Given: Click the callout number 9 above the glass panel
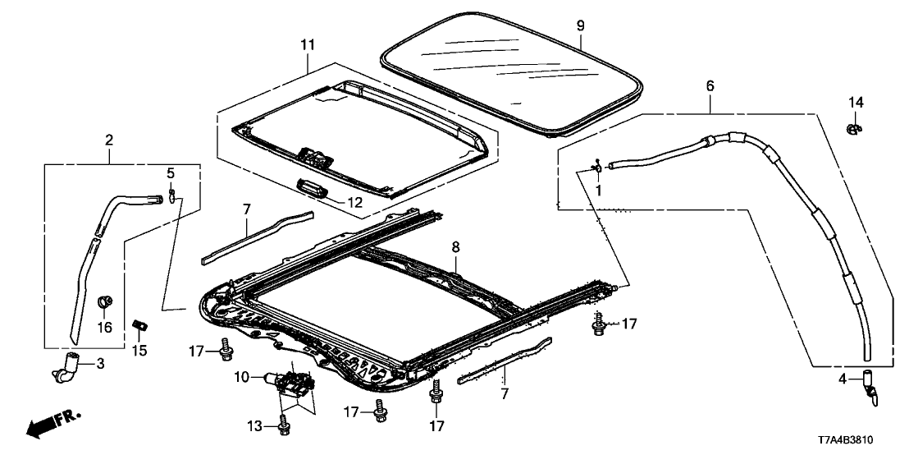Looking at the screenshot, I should pyautogui.click(x=580, y=26).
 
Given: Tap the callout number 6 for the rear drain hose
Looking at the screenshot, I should pyautogui.click(x=710, y=85).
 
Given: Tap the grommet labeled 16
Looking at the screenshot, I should pyautogui.click(x=105, y=301).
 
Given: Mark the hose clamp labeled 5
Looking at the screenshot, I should pyautogui.click(x=173, y=194).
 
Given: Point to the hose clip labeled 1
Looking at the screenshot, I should pyautogui.click(x=597, y=168).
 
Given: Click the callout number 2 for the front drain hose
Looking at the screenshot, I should pyautogui.click(x=108, y=140).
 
